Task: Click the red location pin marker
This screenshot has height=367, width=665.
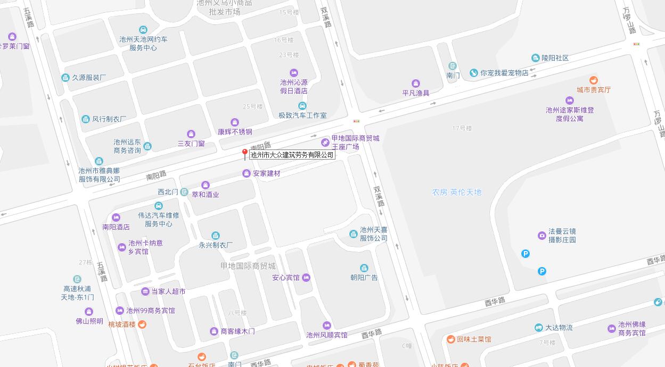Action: point(244,154)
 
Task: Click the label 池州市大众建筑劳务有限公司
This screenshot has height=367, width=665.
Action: point(292,155)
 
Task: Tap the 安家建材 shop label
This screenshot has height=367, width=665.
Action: point(266,173)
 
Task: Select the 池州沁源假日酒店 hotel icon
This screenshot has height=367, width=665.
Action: point(293,73)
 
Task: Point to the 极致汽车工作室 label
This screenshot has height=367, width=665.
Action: point(302,115)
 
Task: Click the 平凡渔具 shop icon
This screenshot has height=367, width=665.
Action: point(416,84)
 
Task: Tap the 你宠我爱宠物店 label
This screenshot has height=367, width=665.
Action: point(504,73)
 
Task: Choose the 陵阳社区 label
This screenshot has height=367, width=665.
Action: point(555,58)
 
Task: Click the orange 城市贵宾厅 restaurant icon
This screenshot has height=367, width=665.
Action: point(594,80)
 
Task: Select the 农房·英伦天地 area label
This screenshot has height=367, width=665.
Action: point(457,193)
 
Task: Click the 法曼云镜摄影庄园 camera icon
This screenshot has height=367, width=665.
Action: point(542,235)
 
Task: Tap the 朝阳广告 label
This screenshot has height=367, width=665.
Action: point(364,278)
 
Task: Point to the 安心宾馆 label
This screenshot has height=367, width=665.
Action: point(286,278)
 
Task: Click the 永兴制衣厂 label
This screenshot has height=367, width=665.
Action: point(216,245)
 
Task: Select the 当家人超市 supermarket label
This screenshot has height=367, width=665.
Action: point(168,291)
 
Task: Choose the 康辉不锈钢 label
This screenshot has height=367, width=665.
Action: point(235,132)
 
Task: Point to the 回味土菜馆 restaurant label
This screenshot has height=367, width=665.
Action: point(474,339)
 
